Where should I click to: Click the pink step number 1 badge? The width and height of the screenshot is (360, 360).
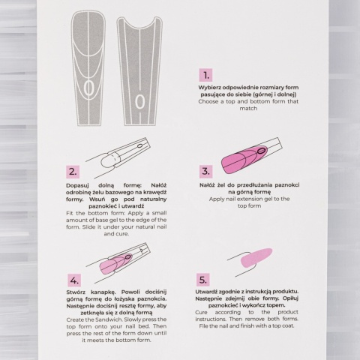pos(205,75)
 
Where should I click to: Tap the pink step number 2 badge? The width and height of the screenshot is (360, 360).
pos(73,171)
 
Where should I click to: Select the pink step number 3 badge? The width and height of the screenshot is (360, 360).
pos(205,171)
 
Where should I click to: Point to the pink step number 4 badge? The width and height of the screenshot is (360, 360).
pos(73,280)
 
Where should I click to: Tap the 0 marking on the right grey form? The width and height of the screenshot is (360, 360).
pos(139,98)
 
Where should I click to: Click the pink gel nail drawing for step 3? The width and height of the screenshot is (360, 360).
pos(247,157)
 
